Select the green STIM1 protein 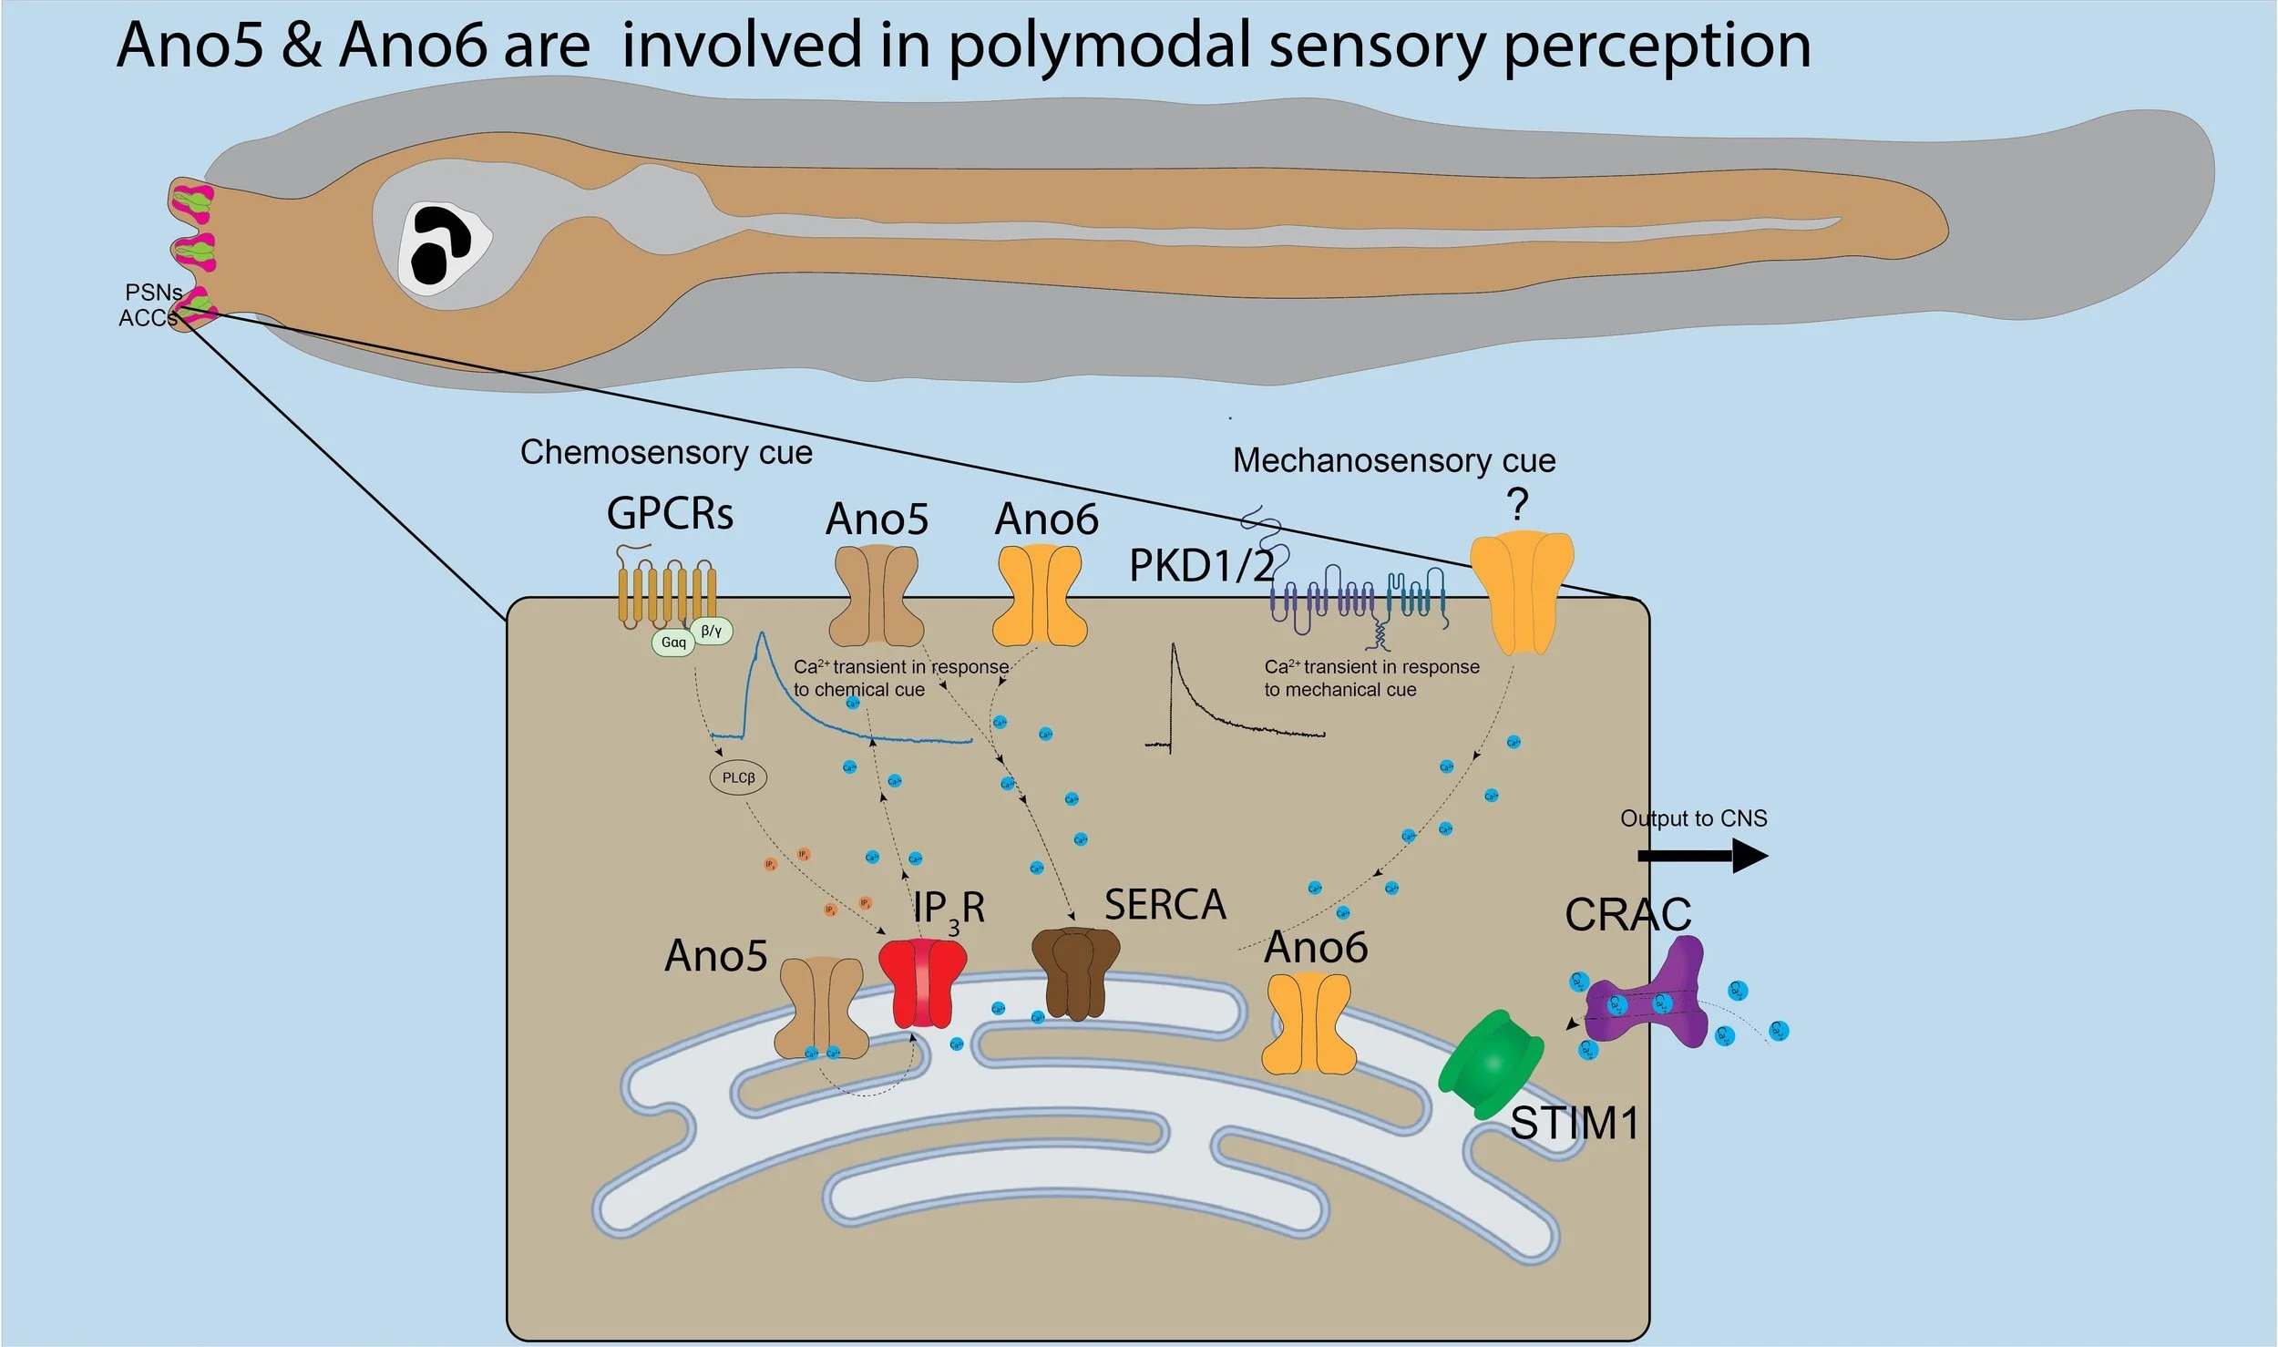pos(1491,1064)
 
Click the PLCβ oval pos(738,777)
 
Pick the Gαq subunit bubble pos(673,643)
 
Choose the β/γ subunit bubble pos(712,630)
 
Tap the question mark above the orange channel pos(1517,504)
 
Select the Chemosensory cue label pos(665,452)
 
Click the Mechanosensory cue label pos(1394,460)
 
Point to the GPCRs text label pos(670,514)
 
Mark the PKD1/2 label pos(1201,566)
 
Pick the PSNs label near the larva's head pos(153,293)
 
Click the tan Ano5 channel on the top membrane pos(877,597)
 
